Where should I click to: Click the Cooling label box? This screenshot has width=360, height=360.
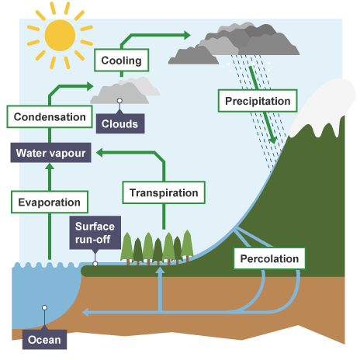pyautogui.click(x=121, y=60)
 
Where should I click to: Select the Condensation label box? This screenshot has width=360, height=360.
pyautogui.click(x=50, y=116)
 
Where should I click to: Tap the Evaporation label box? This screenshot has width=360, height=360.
pyautogui.click(x=50, y=202)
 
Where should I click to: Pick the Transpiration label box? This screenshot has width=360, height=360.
pyautogui.click(x=164, y=192)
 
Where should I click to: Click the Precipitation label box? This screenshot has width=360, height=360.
pyautogui.click(x=258, y=101)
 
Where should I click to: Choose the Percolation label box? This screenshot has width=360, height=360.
pyautogui.click(x=269, y=258)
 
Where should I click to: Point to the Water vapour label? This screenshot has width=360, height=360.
pyautogui.click(x=50, y=153)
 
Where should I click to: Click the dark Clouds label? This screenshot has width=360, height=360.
pyautogui.click(x=120, y=123)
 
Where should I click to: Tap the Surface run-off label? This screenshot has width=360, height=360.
pyautogui.click(x=95, y=233)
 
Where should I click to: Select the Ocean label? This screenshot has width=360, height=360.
pyautogui.click(x=44, y=340)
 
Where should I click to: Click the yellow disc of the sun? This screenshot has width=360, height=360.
pyautogui.click(x=60, y=36)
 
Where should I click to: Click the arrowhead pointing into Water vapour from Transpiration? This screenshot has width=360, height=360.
pyautogui.click(x=99, y=153)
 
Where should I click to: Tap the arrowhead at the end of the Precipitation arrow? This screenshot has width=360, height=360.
pyautogui.click(x=272, y=140)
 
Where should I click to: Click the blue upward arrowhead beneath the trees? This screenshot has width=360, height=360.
pyautogui.click(x=160, y=271)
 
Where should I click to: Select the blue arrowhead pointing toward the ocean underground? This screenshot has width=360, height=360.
pyautogui.click(x=85, y=313)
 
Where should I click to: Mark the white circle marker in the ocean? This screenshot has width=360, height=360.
pyautogui.click(x=44, y=307)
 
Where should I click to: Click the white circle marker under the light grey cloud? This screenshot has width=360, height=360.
pyautogui.click(x=119, y=101)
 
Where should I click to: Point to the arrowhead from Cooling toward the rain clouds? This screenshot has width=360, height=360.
pyautogui.click(x=187, y=35)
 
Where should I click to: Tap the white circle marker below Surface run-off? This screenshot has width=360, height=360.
pyautogui.click(x=95, y=264)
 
